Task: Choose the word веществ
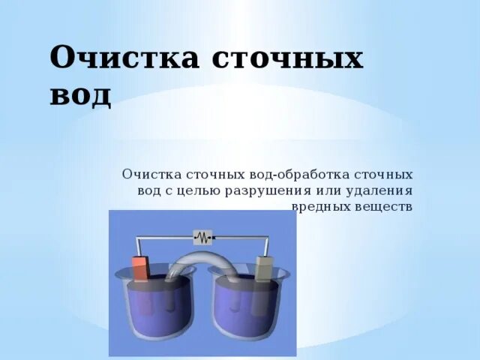coord(382,205)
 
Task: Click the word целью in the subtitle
coord(187,190)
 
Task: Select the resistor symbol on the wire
coord(202,238)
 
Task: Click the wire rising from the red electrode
coord(136,247)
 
